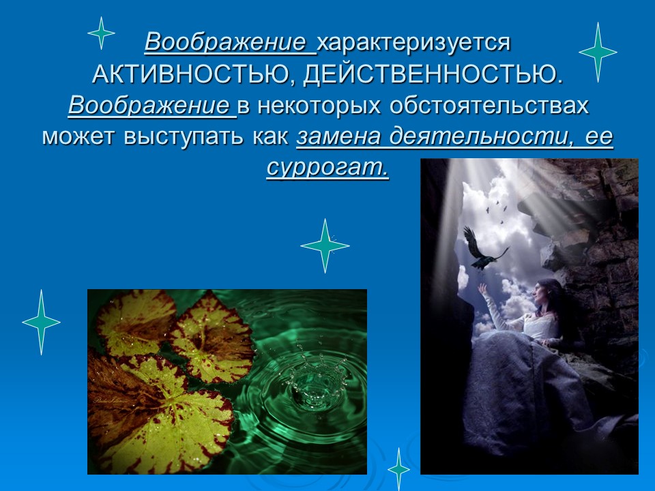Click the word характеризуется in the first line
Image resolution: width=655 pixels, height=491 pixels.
point(413,42)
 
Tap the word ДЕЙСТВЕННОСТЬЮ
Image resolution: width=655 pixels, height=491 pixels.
point(434,75)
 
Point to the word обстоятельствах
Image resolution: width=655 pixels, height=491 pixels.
point(489,106)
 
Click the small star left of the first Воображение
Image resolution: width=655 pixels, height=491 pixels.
point(101,33)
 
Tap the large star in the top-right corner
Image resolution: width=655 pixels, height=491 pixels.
point(598,52)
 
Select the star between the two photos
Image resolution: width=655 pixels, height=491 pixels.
point(325,245)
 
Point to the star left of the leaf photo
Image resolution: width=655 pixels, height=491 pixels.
point(42,322)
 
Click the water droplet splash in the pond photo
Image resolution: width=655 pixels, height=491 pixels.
point(304,378)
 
